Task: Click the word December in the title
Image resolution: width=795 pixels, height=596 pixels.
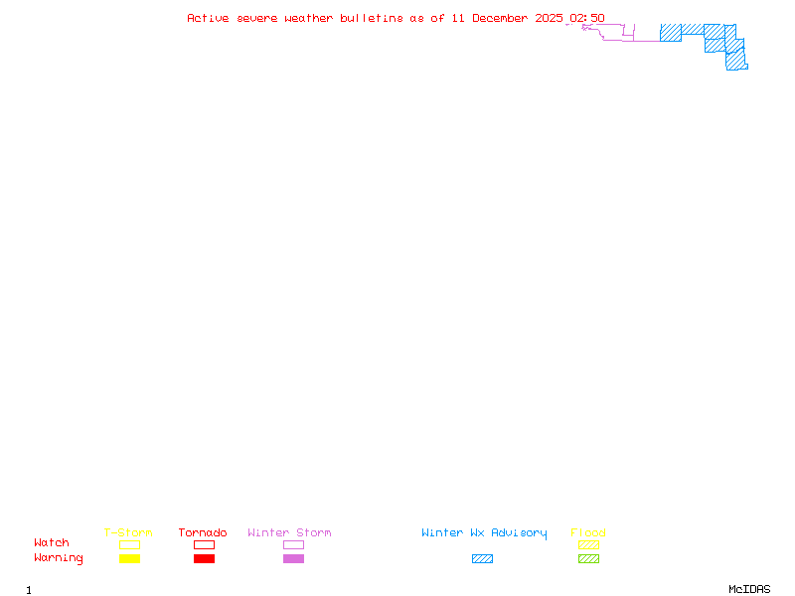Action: (x=502, y=18)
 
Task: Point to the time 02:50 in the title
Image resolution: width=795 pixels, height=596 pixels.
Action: (x=587, y=18)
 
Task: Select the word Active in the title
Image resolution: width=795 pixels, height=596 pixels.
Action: (x=208, y=18)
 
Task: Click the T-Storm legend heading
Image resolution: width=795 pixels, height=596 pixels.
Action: (x=128, y=532)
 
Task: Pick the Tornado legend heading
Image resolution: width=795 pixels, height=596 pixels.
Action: (x=203, y=532)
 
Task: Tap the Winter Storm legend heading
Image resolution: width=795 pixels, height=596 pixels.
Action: (x=289, y=532)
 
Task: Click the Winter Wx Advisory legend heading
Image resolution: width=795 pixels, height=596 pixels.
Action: (x=484, y=532)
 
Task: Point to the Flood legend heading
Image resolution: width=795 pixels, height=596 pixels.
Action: (x=588, y=532)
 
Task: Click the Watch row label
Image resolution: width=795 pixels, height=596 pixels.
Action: (x=52, y=543)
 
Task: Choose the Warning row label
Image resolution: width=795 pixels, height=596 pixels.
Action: (x=59, y=558)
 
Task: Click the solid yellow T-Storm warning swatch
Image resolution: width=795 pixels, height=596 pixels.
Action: (x=129, y=559)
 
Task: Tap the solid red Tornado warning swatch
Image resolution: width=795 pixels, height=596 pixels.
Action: (x=204, y=559)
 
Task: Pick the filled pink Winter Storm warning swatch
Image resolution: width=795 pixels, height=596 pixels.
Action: (x=293, y=559)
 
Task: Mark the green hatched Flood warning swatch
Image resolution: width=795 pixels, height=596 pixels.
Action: (x=588, y=559)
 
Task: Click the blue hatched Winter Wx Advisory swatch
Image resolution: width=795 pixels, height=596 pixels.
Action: (x=482, y=559)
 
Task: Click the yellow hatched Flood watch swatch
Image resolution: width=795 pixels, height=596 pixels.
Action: (x=588, y=544)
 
